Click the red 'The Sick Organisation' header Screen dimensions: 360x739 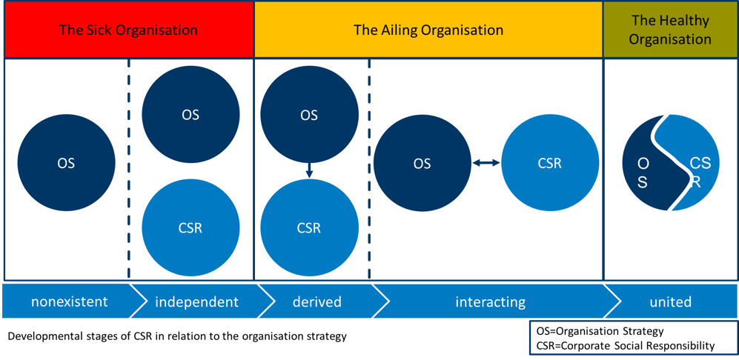(x=129, y=30)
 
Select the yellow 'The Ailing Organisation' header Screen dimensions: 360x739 (x=428, y=30)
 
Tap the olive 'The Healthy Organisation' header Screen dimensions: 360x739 (x=670, y=30)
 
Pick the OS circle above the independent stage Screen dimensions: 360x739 (x=190, y=115)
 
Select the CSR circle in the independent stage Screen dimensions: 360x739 (x=190, y=228)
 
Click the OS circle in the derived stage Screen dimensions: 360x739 (x=309, y=115)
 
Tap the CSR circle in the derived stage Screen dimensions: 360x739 (x=309, y=228)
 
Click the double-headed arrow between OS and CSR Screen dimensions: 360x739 (x=486, y=164)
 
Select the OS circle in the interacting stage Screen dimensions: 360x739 (x=422, y=164)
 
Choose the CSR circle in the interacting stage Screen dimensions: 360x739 (x=549, y=164)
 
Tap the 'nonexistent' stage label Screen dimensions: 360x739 (x=69, y=301)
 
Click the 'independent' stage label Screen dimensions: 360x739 (x=196, y=301)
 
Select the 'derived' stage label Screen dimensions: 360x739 (x=317, y=301)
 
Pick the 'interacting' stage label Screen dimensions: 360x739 (x=490, y=301)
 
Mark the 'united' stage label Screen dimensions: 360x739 (x=670, y=301)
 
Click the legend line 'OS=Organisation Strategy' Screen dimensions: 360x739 (x=600, y=331)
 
